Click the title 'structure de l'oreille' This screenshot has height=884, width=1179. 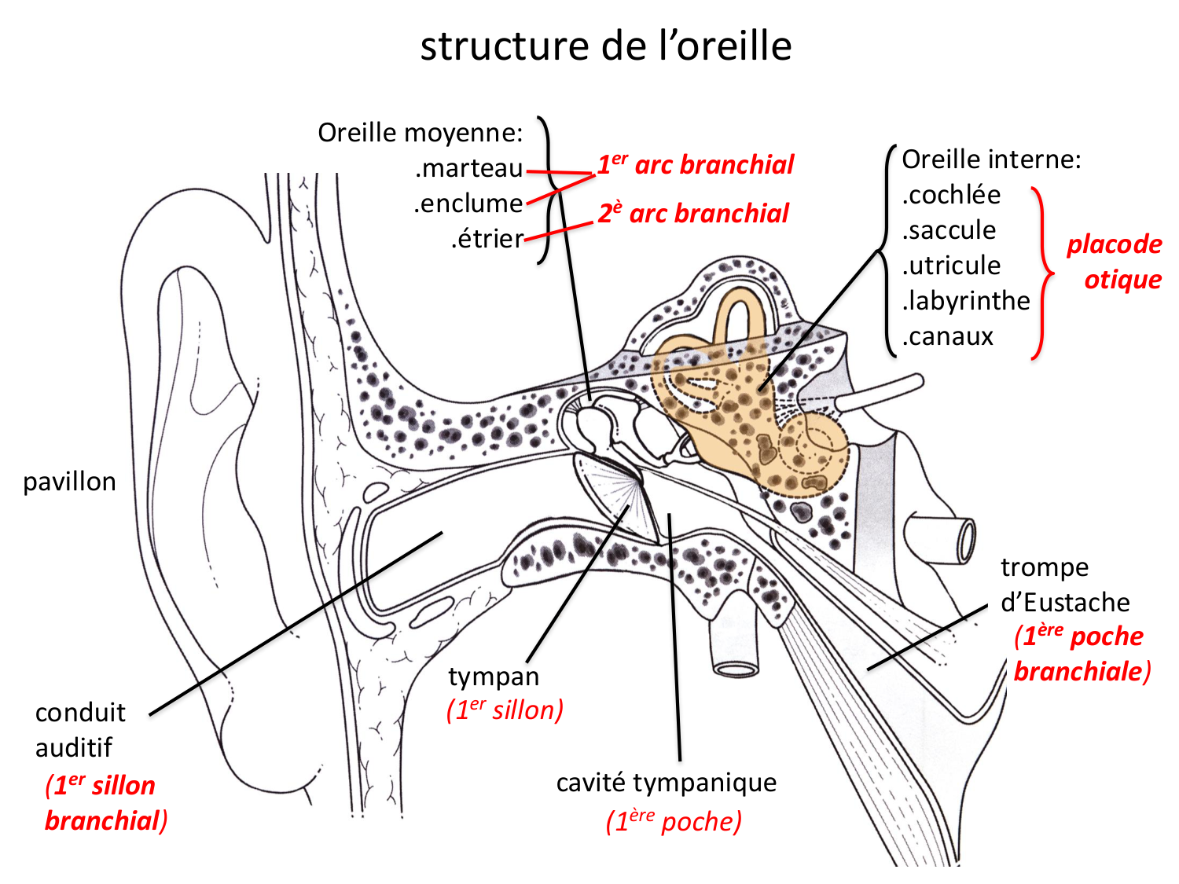click(605, 46)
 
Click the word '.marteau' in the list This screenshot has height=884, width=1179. click(469, 168)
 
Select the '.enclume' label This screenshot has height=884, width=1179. click(468, 204)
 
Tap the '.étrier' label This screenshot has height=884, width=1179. click(487, 239)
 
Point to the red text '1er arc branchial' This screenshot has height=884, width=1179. click(696, 165)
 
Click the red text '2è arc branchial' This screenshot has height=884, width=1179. click(693, 214)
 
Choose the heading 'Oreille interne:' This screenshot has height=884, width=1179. click(991, 160)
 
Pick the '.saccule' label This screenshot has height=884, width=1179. click(949, 230)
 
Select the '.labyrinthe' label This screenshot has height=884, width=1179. click(966, 301)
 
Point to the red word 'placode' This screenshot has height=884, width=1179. click(1114, 244)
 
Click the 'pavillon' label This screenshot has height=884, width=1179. click(69, 482)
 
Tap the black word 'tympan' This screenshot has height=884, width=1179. click(494, 677)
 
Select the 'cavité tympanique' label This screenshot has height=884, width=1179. click(666, 783)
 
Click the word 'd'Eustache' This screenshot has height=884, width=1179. click(1065, 603)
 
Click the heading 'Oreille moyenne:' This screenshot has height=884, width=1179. click(420, 133)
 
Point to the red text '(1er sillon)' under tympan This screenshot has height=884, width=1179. click(505, 710)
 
